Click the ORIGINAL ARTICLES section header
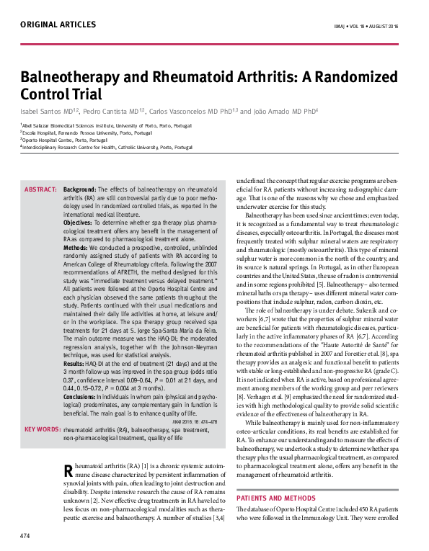[x=58, y=24]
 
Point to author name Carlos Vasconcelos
[x=183, y=112]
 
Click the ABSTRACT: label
[x=41, y=189]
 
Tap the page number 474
[x=25, y=536]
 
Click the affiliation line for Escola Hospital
[x=87, y=133]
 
